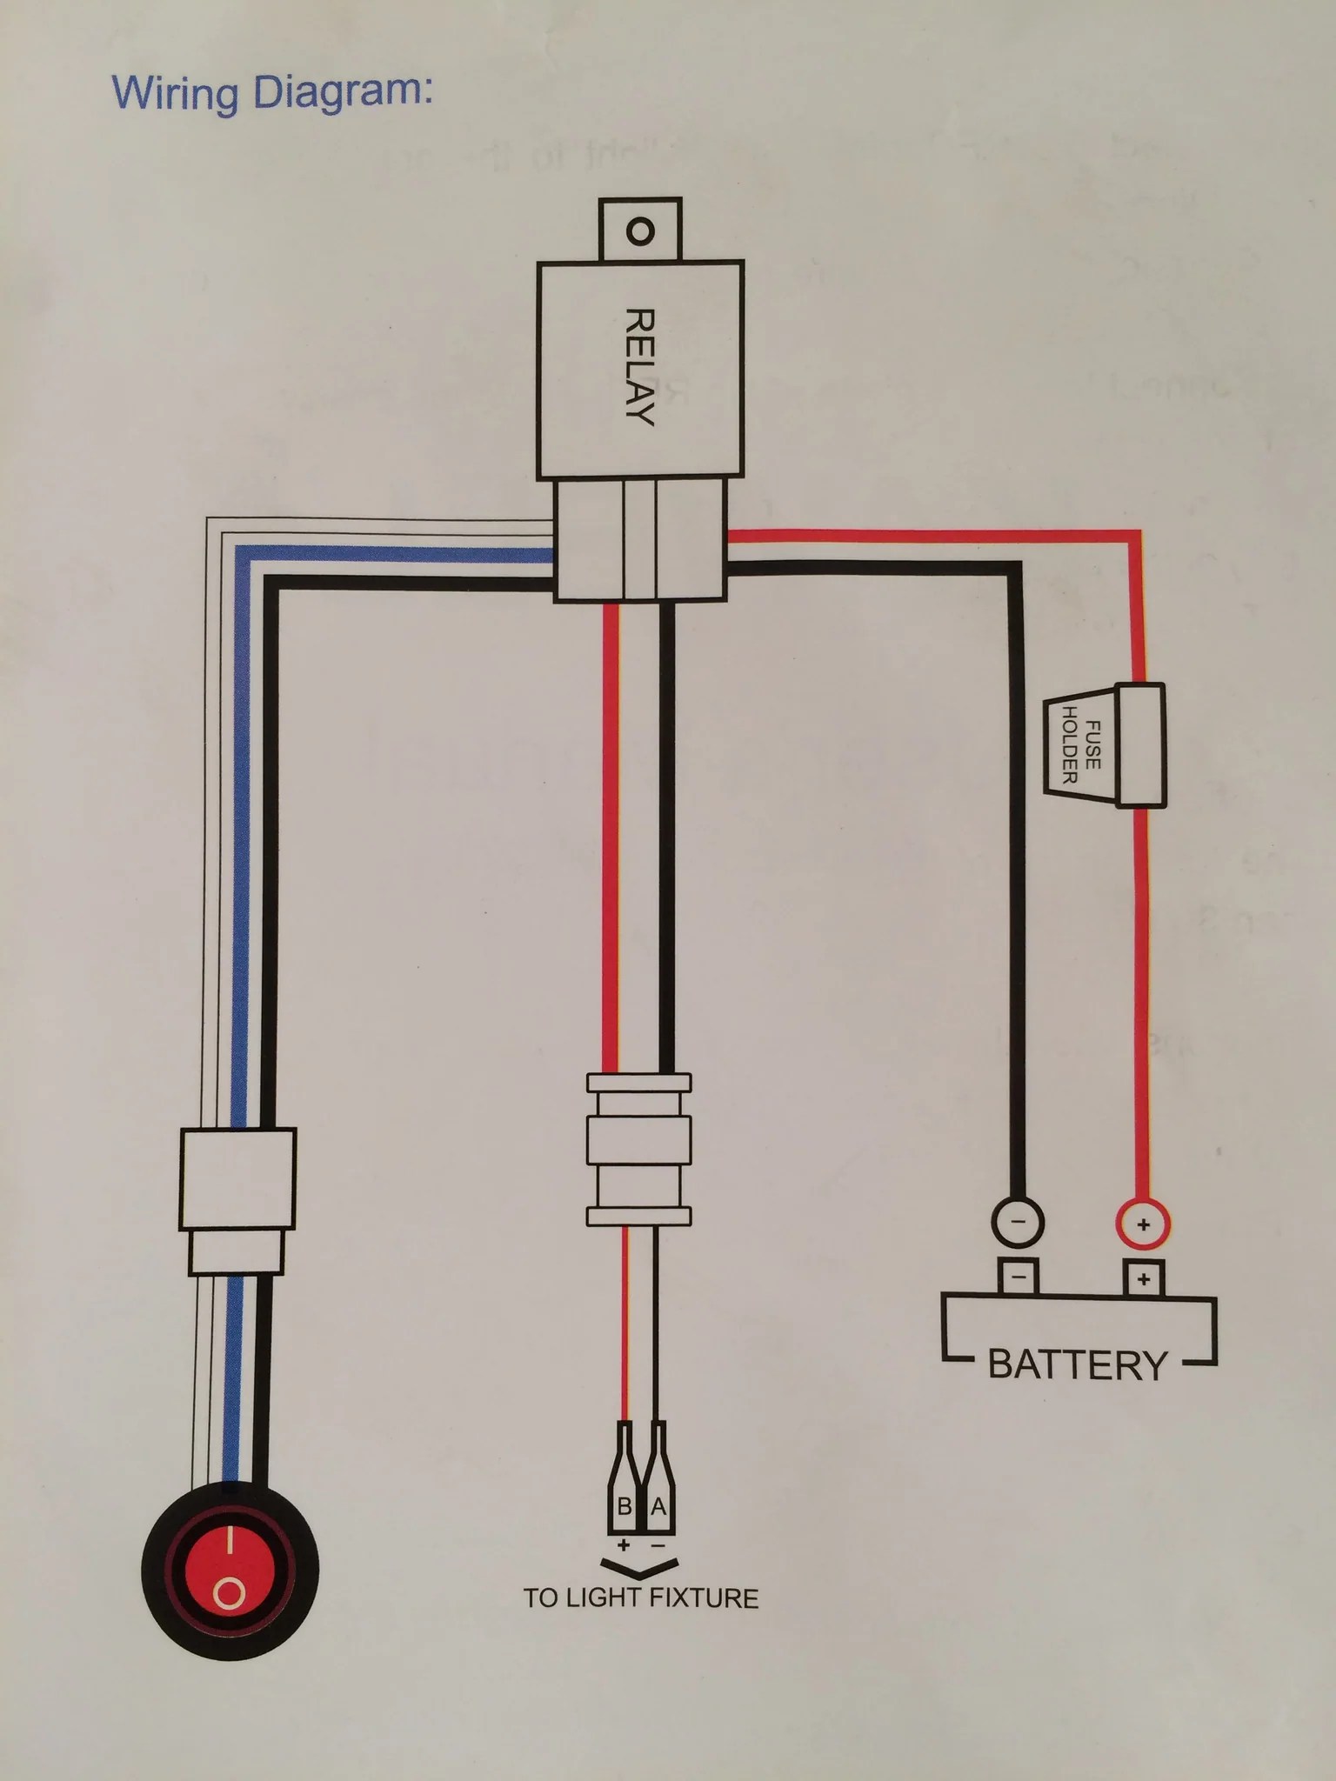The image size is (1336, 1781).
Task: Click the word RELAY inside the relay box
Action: [x=639, y=366]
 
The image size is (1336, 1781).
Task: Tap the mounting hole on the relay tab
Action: [x=639, y=232]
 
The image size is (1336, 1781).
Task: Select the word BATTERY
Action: [x=1078, y=1365]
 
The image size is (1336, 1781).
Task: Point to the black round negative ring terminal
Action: [x=1019, y=1221]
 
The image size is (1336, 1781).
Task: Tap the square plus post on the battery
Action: [x=1143, y=1278]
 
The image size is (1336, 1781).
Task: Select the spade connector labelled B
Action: [x=625, y=1491]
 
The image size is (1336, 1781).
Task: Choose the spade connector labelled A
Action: [x=658, y=1491]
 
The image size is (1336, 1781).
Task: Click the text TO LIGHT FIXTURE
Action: [x=641, y=1598]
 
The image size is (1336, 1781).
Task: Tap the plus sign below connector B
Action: [x=624, y=1545]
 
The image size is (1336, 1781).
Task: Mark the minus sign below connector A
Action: [x=658, y=1545]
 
